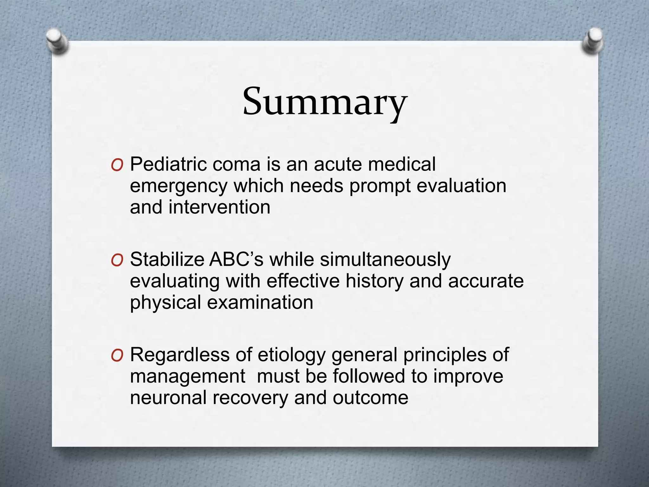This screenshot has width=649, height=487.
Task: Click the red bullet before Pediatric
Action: click(117, 166)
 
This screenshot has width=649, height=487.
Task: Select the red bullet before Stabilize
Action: click(117, 261)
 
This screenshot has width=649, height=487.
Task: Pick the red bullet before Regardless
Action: click(117, 356)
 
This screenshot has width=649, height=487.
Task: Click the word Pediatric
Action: click(168, 165)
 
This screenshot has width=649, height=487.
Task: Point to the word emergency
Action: click(178, 186)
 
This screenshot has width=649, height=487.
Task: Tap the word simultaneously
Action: click(385, 260)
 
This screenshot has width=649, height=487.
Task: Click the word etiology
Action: click(292, 355)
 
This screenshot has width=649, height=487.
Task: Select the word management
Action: click(188, 377)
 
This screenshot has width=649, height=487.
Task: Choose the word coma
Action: click(236, 165)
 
